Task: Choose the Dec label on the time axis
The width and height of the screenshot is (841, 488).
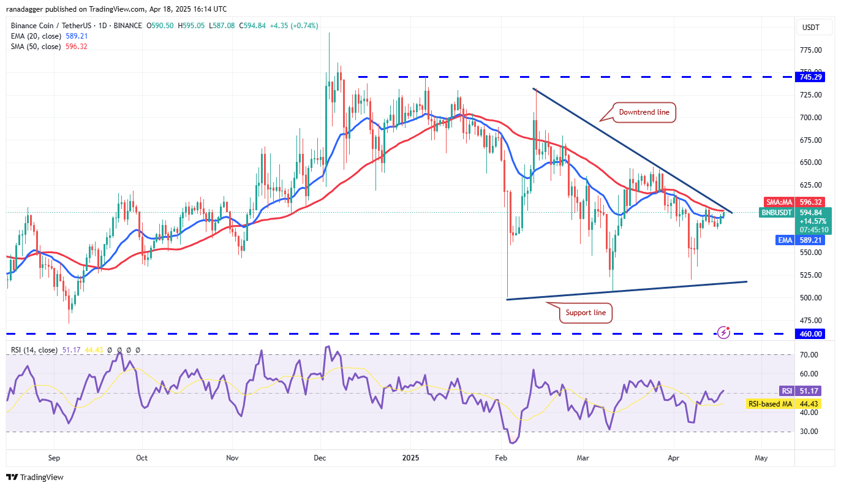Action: click(320, 457)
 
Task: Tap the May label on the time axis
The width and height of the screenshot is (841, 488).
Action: click(761, 457)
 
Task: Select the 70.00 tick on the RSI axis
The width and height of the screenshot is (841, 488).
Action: click(810, 355)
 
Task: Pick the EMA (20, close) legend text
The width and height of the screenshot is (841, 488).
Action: click(36, 36)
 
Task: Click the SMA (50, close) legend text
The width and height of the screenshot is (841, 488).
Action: click(36, 47)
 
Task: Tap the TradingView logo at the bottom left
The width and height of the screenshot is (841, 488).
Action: click(35, 477)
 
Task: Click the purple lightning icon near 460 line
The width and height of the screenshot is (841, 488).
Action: click(724, 332)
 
